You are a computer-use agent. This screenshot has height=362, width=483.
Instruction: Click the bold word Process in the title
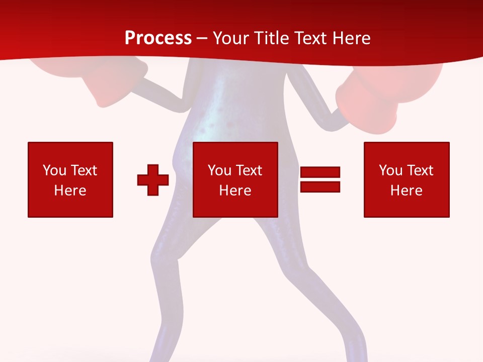coord(158,38)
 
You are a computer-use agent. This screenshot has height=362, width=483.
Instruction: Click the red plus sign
coord(153,180)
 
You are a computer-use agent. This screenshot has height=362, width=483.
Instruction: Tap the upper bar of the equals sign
coord(320,172)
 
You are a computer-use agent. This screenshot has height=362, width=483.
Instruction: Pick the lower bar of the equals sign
coord(320,187)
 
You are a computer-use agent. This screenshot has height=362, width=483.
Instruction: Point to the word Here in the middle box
coord(235,191)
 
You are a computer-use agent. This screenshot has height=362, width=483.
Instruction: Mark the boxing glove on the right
coord(370,101)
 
